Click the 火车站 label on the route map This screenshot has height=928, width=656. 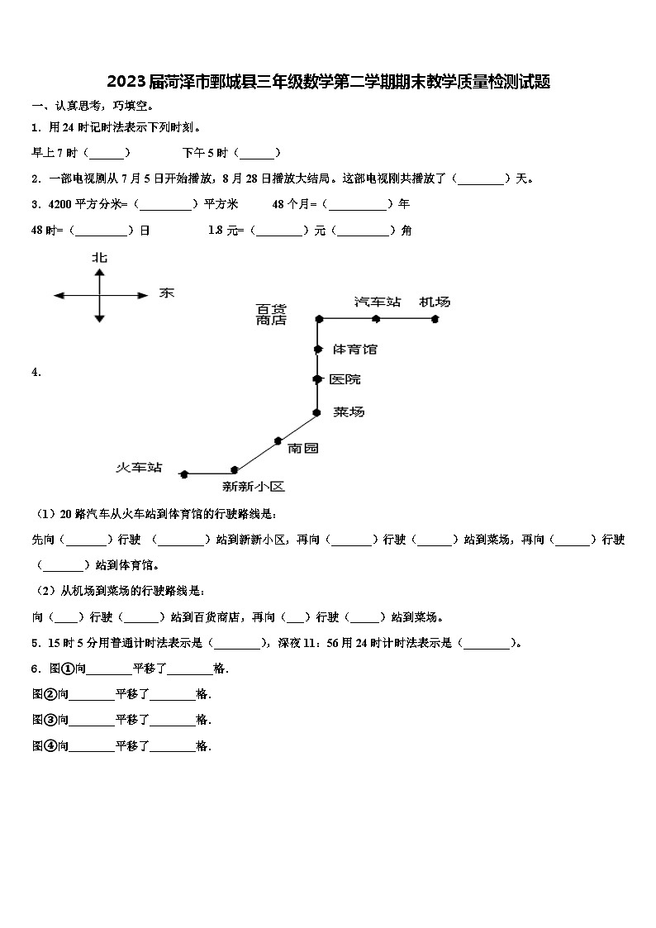[138, 468]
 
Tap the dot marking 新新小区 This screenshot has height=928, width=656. [235, 469]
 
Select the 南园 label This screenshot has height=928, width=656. [302, 448]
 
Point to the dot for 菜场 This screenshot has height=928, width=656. [316, 412]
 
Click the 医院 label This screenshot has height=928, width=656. [345, 379]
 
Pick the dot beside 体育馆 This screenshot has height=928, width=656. [317, 350]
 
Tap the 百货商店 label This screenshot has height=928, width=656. [271, 314]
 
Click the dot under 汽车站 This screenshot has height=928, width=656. [376, 318]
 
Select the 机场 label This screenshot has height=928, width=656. [435, 302]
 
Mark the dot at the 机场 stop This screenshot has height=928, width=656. [435, 318]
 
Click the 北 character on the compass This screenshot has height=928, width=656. [100, 258]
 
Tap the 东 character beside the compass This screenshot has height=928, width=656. [166, 293]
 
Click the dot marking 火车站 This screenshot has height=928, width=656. [184, 474]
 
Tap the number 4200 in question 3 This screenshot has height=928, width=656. [60, 204]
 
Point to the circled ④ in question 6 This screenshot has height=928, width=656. [51, 745]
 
